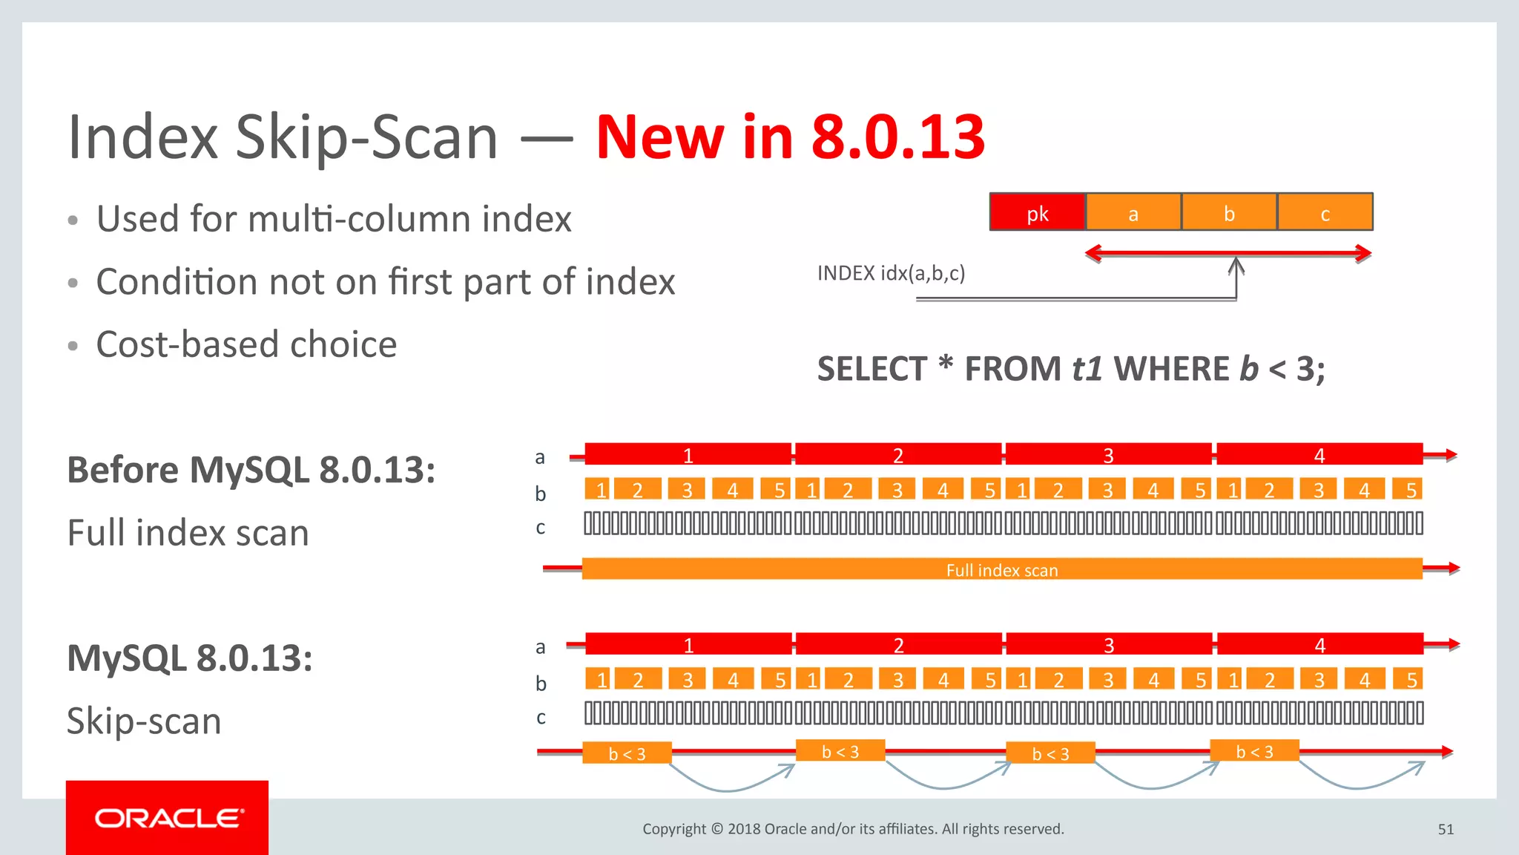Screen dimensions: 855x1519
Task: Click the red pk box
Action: (x=1037, y=212)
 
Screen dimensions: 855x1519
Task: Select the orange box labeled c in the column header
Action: (x=1325, y=212)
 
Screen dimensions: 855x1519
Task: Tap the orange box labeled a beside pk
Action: (x=1133, y=212)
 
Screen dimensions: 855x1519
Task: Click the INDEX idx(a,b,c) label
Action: (x=891, y=273)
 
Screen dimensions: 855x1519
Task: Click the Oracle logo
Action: (x=168, y=818)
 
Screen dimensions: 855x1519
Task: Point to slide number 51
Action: (x=1446, y=829)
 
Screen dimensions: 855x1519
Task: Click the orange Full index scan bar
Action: (x=1001, y=569)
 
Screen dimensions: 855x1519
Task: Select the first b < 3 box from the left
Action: (x=627, y=753)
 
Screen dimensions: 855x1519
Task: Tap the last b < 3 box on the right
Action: (x=1254, y=751)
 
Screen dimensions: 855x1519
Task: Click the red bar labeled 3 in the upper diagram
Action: (x=1108, y=454)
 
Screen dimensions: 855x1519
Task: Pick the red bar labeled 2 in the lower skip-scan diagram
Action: (x=898, y=644)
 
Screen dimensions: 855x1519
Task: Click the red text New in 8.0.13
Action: (x=790, y=137)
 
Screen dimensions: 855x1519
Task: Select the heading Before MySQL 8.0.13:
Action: (x=251, y=470)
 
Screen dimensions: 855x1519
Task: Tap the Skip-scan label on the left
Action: (x=144, y=721)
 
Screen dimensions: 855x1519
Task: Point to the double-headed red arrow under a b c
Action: (x=1228, y=253)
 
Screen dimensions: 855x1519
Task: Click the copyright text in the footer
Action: (x=853, y=829)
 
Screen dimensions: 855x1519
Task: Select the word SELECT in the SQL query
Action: (x=871, y=369)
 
